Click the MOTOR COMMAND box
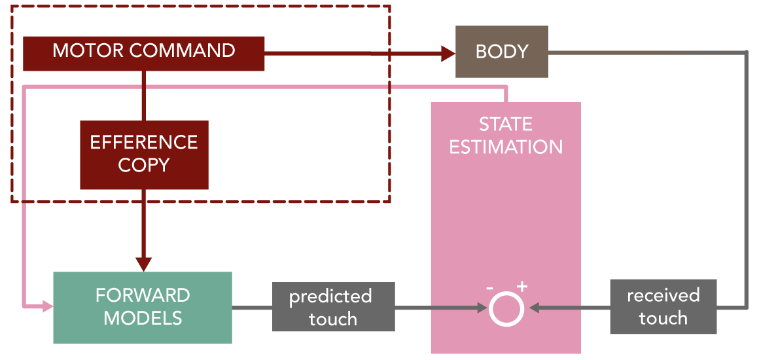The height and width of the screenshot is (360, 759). [x=144, y=53]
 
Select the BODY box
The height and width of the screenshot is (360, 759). [x=502, y=52]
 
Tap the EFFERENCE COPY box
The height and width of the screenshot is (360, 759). [x=144, y=154]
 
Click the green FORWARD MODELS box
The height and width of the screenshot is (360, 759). [x=143, y=308]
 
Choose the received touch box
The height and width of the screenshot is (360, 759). [x=663, y=307]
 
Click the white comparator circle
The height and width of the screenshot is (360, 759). [x=506, y=308]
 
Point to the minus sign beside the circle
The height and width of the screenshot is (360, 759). [x=489, y=288]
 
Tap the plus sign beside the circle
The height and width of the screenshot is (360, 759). [x=521, y=287]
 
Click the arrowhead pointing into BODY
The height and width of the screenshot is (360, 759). [x=449, y=53]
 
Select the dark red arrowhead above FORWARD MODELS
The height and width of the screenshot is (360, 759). [x=143, y=264]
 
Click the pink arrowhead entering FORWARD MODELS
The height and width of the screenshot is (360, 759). [x=47, y=306]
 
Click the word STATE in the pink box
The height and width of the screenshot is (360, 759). [x=506, y=124]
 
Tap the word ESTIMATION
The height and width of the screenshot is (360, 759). [x=506, y=147]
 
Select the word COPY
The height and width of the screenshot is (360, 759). [x=144, y=165]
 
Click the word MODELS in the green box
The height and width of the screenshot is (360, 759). [x=143, y=318]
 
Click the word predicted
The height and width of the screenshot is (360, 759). [x=330, y=297]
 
